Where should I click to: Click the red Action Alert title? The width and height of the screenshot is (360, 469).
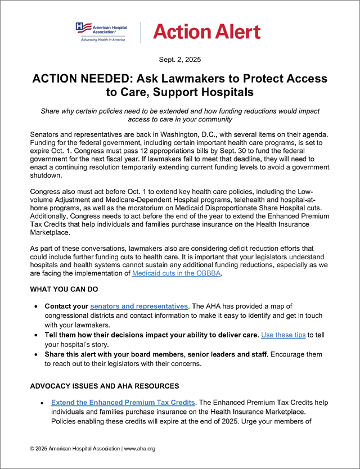(x=206, y=31)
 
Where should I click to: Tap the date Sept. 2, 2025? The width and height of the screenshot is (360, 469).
(x=180, y=59)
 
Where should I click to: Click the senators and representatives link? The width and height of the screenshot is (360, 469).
(x=139, y=306)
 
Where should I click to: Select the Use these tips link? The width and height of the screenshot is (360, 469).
(x=283, y=335)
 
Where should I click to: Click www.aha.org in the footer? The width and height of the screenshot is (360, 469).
(x=139, y=449)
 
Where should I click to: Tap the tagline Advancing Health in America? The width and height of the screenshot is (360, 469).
(x=102, y=39)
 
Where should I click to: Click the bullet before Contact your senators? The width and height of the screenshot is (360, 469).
(x=37, y=306)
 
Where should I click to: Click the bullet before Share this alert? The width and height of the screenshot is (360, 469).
(x=37, y=354)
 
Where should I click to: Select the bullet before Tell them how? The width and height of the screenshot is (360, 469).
(x=37, y=335)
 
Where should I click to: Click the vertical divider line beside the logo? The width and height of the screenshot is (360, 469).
(x=139, y=31)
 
